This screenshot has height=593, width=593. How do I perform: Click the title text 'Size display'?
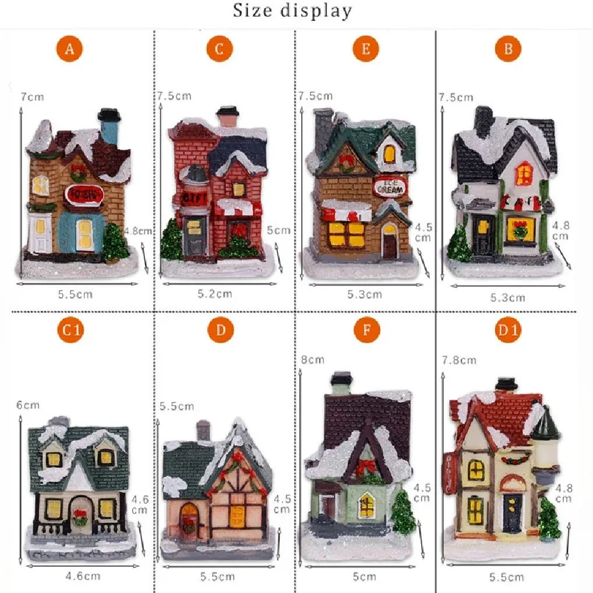(292, 10)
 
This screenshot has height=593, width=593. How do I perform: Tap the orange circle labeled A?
(70, 50)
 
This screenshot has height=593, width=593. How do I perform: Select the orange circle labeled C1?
(70, 330)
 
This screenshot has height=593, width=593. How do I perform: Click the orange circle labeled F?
(366, 330)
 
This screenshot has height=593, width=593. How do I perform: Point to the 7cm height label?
(32, 97)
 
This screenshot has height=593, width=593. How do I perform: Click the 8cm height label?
(312, 359)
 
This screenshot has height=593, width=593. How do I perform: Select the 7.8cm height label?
(459, 360)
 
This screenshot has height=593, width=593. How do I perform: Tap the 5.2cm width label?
(214, 294)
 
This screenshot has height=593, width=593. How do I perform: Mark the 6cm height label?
(27, 405)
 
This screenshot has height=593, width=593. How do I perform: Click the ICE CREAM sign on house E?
(390, 185)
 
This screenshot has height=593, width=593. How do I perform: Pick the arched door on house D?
(188, 517)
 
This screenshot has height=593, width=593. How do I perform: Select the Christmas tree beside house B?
(459, 244)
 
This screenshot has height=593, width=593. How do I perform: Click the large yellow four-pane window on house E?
(347, 233)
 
